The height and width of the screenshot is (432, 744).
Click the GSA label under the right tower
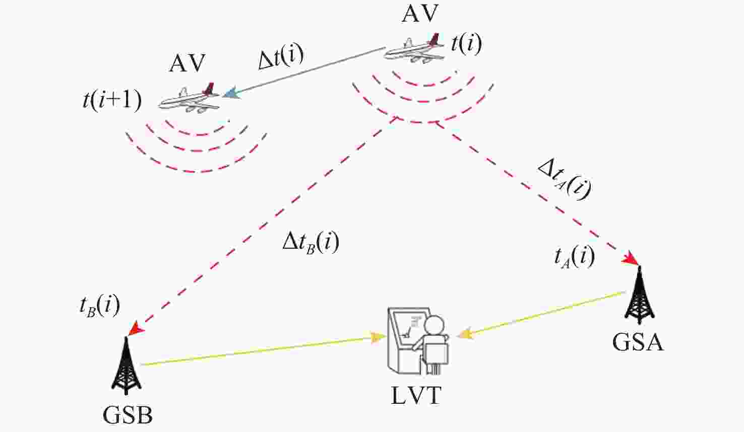638,342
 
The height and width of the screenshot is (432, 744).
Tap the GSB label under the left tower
128,415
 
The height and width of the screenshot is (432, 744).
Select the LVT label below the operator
416,395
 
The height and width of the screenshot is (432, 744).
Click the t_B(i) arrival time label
99,307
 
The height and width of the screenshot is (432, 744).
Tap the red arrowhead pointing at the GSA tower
630,259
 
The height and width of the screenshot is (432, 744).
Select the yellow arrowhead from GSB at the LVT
378,337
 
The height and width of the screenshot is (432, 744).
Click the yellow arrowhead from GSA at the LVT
466,334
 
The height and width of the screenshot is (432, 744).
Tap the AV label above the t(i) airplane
420,14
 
